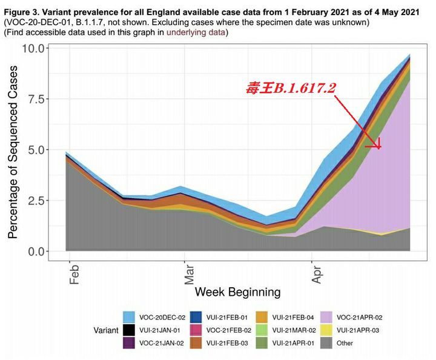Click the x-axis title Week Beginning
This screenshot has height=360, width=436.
click(237, 292)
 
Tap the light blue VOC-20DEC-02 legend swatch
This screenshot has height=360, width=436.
click(128, 317)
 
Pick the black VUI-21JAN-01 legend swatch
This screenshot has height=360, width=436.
click(128, 330)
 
